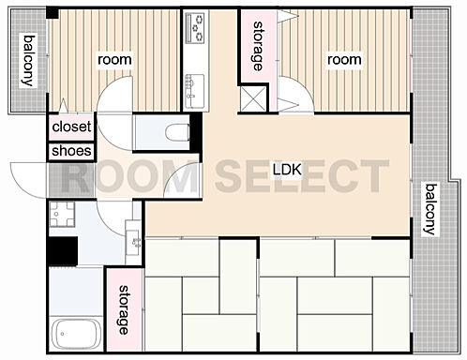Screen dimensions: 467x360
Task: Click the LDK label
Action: point(287,170)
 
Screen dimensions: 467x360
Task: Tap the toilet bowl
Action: point(177,132)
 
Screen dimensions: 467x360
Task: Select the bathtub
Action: point(76,334)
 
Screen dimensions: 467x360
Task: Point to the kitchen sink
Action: point(194,91)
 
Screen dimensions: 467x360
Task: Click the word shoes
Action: point(71,151)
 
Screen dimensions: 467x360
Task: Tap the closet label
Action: point(71,127)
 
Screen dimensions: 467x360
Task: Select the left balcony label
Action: point(29,61)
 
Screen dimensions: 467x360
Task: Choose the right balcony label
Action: point(430,209)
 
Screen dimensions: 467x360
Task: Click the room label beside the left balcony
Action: point(114,60)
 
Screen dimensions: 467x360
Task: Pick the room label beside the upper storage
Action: point(344,60)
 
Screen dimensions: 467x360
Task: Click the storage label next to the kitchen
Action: point(258,46)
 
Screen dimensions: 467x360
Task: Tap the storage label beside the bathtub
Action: point(124,309)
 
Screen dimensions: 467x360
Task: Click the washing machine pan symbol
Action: point(62,214)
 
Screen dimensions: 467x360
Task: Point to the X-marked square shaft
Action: point(253,98)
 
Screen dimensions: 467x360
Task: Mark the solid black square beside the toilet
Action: point(196,131)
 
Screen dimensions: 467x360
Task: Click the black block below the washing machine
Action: point(63,251)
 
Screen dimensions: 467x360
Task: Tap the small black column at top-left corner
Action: point(53,13)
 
